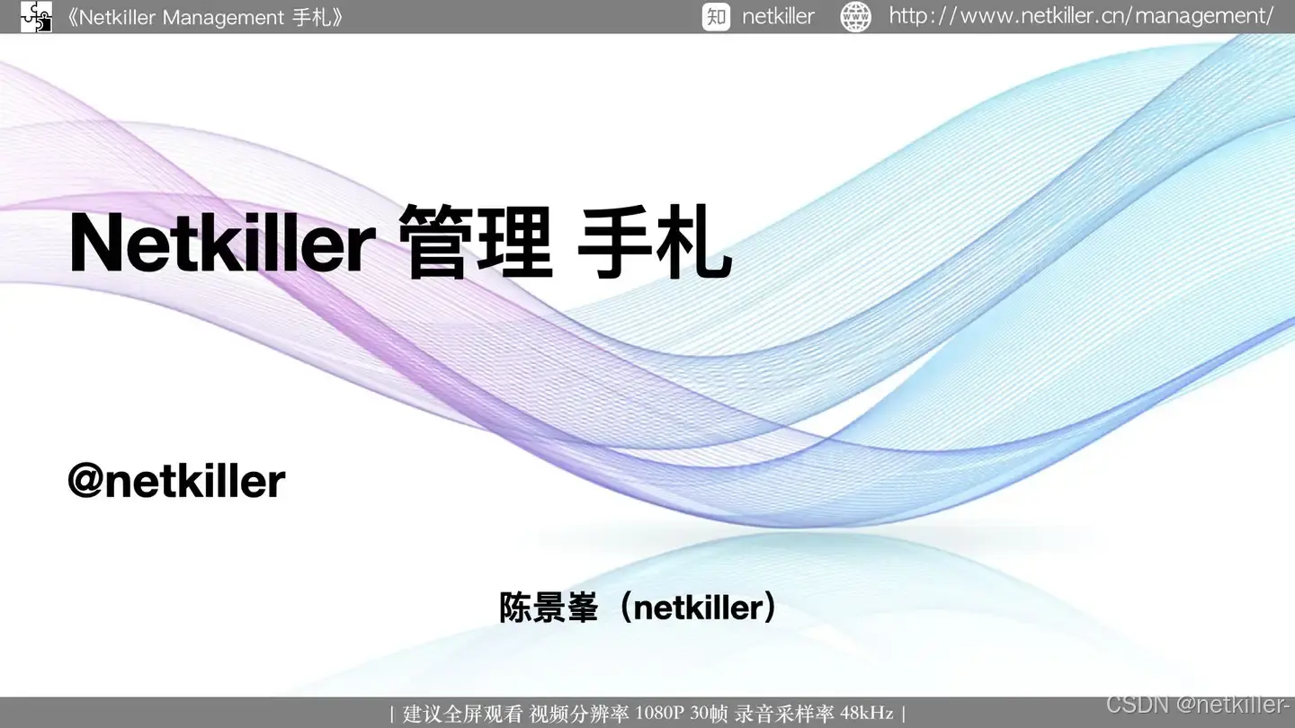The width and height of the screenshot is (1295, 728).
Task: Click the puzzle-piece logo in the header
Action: click(36, 16)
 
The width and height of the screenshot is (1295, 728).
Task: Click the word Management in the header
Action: click(223, 18)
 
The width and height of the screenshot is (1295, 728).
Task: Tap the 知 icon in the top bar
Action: click(716, 16)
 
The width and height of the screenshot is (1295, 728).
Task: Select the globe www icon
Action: click(855, 17)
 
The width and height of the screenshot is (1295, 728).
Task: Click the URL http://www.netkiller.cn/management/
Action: click(1081, 16)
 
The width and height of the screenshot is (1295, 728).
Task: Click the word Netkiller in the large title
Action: click(223, 242)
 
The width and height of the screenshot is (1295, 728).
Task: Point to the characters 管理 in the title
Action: click(475, 242)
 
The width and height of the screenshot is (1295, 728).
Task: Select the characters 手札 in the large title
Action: click(655, 242)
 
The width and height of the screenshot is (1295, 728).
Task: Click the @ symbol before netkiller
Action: click(86, 481)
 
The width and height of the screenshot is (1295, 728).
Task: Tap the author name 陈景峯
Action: click(548, 608)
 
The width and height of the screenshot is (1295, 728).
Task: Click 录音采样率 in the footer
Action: click(784, 714)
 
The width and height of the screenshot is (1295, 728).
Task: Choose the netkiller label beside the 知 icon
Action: click(778, 17)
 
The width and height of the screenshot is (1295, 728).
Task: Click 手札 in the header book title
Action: click(311, 18)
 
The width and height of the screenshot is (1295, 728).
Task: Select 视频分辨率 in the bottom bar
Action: click(579, 714)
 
